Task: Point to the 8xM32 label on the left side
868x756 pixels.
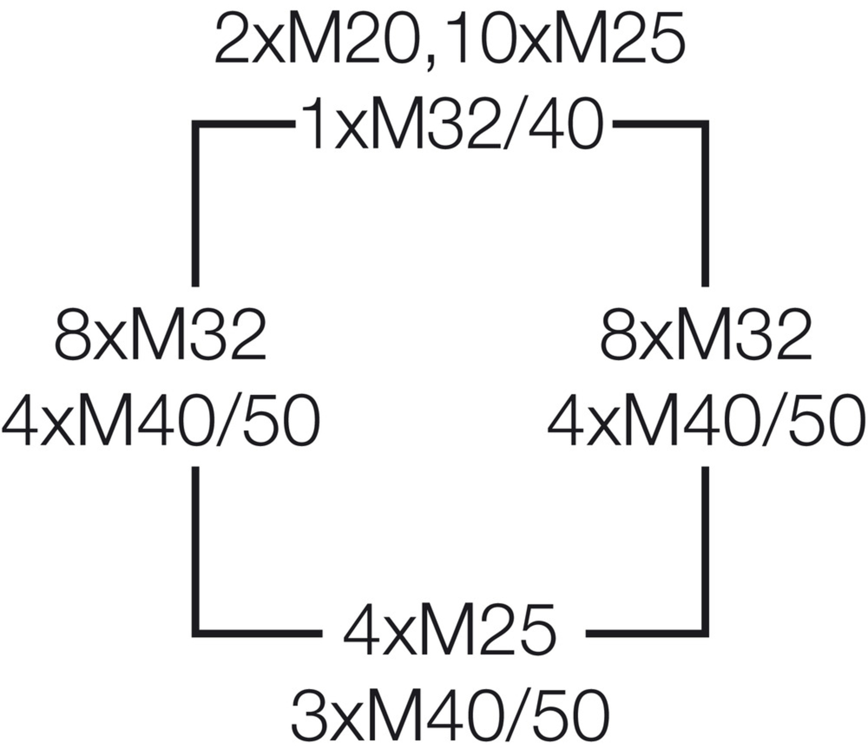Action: pyautogui.click(x=161, y=335)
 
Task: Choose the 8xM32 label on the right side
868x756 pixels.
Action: pyautogui.click(x=706, y=335)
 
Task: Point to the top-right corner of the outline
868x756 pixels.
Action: pyautogui.click(x=705, y=125)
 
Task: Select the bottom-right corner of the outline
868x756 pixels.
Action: pyautogui.click(x=705, y=633)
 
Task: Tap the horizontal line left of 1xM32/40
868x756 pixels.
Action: pyautogui.click(x=244, y=125)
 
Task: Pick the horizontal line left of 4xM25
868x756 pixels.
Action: pyautogui.click(x=257, y=633)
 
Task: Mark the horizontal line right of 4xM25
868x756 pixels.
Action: pyautogui.click(x=647, y=633)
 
